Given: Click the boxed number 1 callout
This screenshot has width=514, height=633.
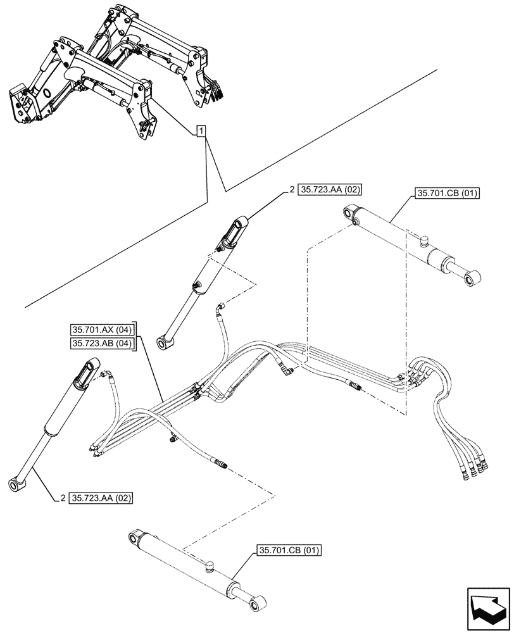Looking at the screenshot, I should click(200, 131).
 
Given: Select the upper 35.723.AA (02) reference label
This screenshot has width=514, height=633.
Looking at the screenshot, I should click(329, 189).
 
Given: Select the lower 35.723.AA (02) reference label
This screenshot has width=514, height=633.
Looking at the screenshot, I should click(102, 498).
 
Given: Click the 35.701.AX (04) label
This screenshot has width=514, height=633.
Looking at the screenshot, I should click(102, 330).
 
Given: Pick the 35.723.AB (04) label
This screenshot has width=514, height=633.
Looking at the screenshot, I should click(102, 344).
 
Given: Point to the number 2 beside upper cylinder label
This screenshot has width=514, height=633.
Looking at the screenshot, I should click(292, 189).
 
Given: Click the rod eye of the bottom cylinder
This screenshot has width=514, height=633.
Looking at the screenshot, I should click(257, 606).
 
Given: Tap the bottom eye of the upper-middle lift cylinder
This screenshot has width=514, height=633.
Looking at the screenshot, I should click(167, 342).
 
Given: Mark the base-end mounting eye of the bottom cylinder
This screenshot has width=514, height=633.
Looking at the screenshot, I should click(133, 539).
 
